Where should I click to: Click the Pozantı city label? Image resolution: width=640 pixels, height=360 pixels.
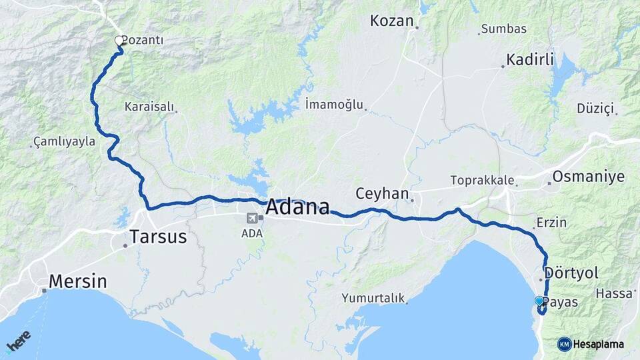coord(143,41)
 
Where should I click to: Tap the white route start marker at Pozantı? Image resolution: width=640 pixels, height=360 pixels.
coord(119,41)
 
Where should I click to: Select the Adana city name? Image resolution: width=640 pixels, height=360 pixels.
coord(297,207)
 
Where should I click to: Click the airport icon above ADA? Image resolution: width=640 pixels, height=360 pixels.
coord(252,219)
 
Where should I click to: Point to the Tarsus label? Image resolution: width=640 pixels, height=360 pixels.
coord(159,237)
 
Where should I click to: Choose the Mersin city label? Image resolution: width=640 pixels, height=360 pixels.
coord(77,281)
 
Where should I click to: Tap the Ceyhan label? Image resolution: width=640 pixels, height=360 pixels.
coord(381,194)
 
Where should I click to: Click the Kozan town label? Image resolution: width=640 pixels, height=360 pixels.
coord(392,21)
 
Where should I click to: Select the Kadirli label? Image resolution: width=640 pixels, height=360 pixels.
coord(530,60)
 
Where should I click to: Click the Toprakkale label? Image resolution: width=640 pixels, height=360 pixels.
coord(482,180)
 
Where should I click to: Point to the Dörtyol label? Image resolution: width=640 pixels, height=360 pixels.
coord(571,273)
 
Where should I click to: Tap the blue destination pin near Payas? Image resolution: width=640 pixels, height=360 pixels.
coord(539,302)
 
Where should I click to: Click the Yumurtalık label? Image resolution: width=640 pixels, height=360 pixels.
coord(373,298)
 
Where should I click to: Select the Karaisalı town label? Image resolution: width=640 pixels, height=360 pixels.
coord(149,107)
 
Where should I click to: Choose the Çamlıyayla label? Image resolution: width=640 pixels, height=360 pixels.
coord(65,142)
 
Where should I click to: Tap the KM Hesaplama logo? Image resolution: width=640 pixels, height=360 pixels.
coord(591,344)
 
